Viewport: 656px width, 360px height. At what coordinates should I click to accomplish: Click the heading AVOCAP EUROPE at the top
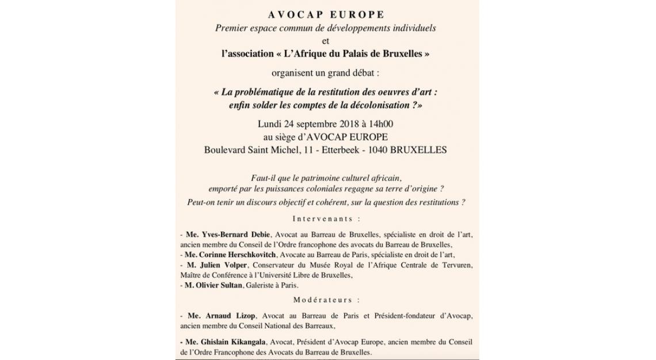[326, 14]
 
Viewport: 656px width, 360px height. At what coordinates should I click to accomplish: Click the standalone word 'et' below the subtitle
[326, 40]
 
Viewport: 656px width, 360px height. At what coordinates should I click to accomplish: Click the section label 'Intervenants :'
[326, 219]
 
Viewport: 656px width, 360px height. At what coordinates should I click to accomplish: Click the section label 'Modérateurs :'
[326, 300]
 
